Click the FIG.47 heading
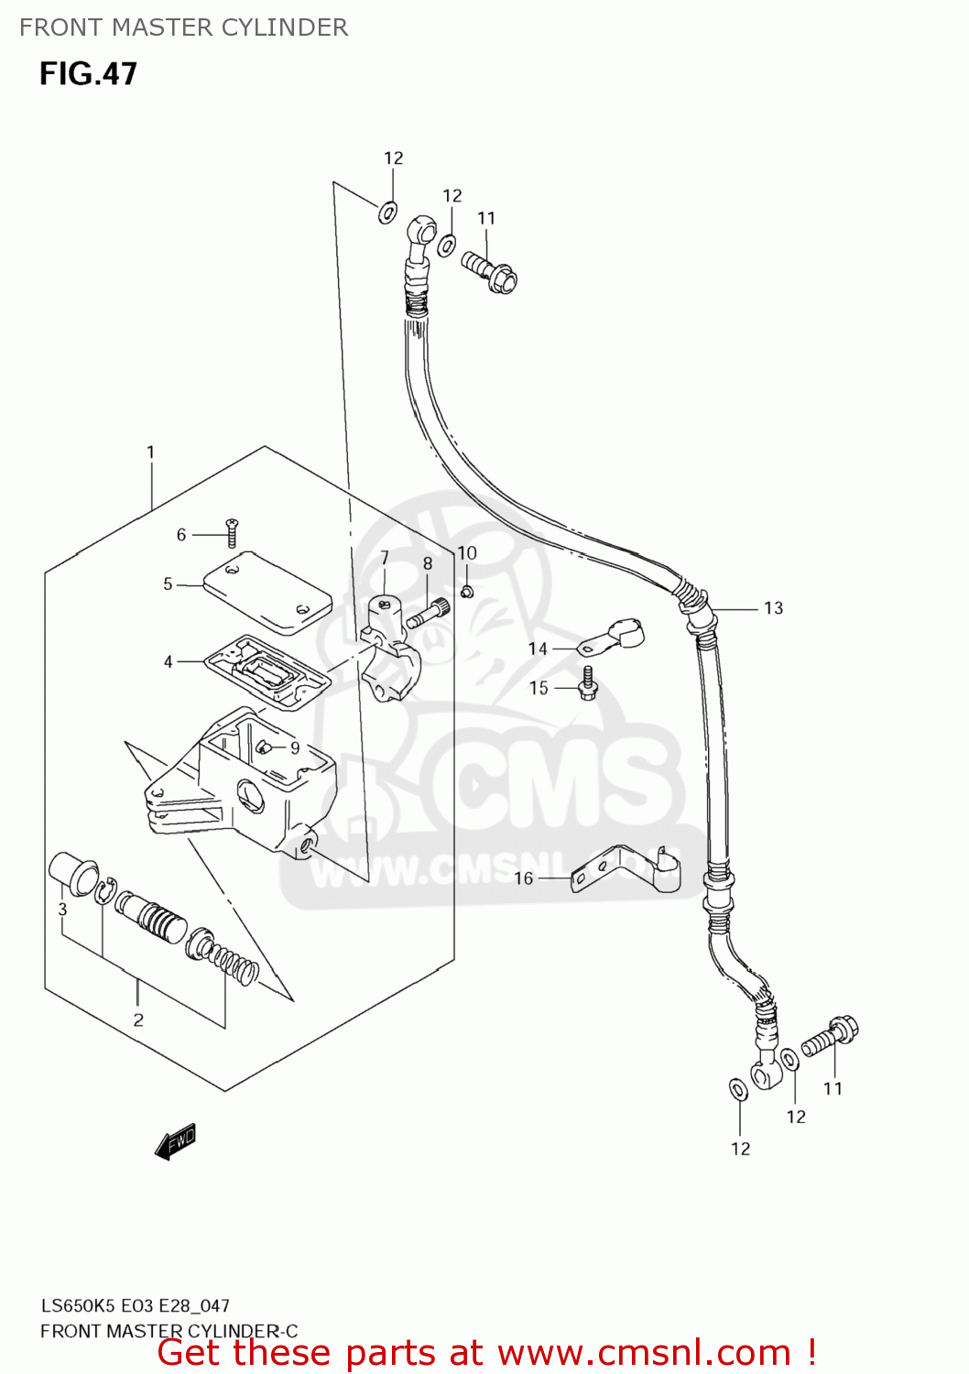click(88, 73)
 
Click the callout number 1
click(150, 452)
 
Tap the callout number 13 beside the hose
click(773, 608)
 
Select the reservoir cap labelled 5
click(266, 594)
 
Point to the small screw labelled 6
click(232, 532)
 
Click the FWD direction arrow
click(176, 1142)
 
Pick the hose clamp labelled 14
click(614, 635)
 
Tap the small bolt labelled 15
click(588, 682)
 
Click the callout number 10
click(467, 553)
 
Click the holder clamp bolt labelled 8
click(427, 611)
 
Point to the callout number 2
click(138, 1020)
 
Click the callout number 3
click(62, 909)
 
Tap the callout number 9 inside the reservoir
click(295, 748)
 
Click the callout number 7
click(385, 557)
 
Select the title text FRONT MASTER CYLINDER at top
click(183, 27)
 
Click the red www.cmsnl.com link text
click(644, 1353)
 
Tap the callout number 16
click(523, 878)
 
